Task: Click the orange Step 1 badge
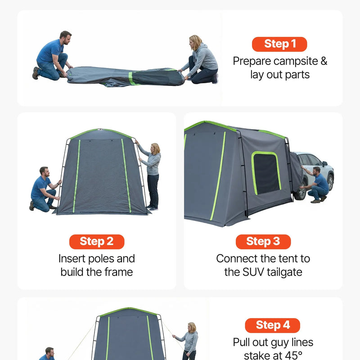279,44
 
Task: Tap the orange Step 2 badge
97,242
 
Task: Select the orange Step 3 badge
263,242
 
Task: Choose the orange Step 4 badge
273,325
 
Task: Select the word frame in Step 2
119,272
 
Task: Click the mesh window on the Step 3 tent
266,173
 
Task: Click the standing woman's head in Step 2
155,148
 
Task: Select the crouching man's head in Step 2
43,171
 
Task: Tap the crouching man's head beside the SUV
316,171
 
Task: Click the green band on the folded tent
132,78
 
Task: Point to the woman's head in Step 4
192,327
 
